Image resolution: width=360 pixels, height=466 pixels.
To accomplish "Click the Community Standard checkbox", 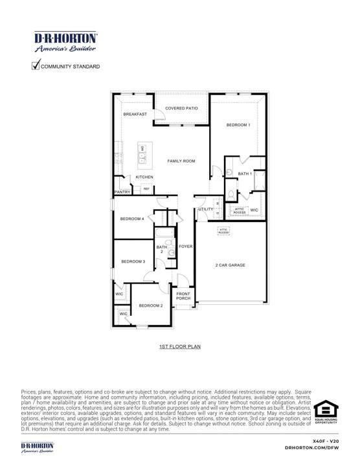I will (x=36, y=65).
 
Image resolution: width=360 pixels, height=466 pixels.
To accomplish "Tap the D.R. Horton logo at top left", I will (x=65, y=41).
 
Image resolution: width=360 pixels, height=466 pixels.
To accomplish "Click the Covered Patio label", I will (x=181, y=108).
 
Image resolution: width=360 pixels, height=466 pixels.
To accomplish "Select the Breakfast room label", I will (x=135, y=115).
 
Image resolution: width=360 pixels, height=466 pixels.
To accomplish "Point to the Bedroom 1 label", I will (x=238, y=125).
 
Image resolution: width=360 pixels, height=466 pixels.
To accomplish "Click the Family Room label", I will (x=181, y=161).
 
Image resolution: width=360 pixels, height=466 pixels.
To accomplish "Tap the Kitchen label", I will (x=144, y=177).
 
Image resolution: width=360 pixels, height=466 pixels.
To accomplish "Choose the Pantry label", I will (x=123, y=192).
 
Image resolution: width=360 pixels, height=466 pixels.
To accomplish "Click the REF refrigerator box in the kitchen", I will (x=146, y=189).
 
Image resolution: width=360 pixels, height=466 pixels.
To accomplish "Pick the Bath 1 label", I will (x=244, y=173).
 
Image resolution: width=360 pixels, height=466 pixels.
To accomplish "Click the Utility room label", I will (x=205, y=209).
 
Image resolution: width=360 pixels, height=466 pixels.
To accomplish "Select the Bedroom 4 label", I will (x=132, y=219).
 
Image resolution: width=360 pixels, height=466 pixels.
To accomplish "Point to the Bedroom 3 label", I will (x=133, y=261).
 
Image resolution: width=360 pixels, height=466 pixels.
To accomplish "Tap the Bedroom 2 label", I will (x=151, y=305).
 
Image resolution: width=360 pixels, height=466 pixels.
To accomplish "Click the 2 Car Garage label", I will (x=231, y=265).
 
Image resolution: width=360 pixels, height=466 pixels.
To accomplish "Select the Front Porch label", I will (x=183, y=296).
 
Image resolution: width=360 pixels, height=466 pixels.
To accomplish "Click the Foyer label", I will (x=186, y=247).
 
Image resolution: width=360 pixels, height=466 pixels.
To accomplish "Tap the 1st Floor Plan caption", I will (x=180, y=347).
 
